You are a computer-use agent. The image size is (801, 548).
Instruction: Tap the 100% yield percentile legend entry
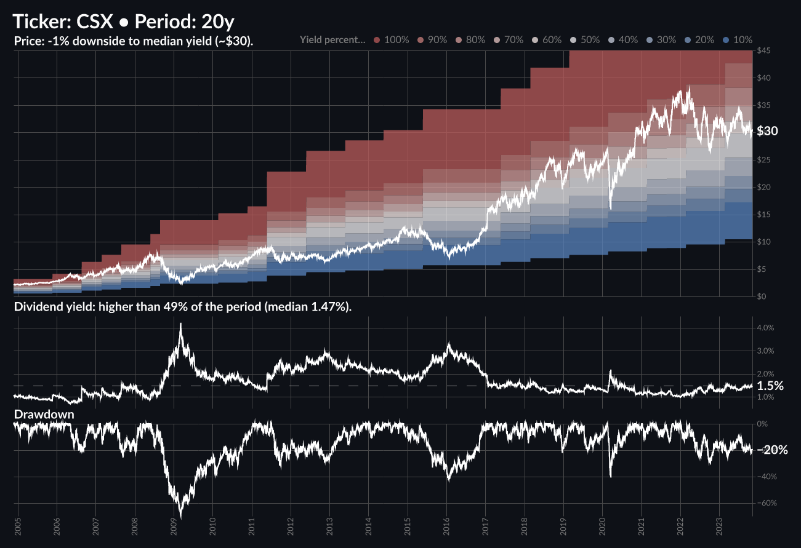pyautogui.click(x=391, y=39)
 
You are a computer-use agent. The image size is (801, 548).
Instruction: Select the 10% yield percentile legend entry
pyautogui.click(x=738, y=39)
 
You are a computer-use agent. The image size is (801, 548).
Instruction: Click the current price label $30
pyautogui.click(x=768, y=131)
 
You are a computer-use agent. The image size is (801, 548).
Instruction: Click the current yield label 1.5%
pyautogui.click(x=770, y=386)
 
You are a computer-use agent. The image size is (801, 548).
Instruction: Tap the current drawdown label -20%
pyautogui.click(x=773, y=450)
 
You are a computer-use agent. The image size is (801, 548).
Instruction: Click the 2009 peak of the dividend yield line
pyautogui.click(x=180, y=324)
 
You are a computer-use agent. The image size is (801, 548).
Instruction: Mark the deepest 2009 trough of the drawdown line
pyautogui.click(x=180, y=517)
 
